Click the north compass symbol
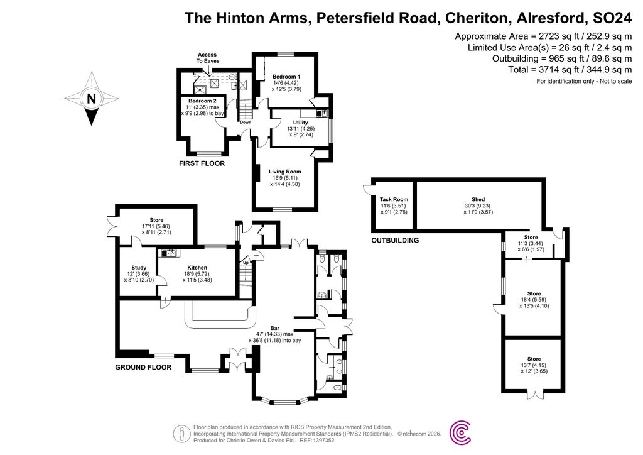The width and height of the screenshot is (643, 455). [92, 98]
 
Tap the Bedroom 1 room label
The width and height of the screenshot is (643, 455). [286, 76]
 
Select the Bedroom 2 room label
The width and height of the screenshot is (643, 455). [202, 101]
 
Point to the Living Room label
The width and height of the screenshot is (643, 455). [285, 172]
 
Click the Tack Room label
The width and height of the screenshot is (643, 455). [394, 200]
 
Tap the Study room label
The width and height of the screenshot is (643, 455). [138, 267]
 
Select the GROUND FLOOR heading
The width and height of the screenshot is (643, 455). [143, 367]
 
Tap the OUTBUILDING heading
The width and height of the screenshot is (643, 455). [394, 240]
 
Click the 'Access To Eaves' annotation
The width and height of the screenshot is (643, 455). [207, 58]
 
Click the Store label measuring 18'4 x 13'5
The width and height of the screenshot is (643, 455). [534, 293]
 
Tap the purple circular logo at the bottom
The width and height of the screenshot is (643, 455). [462, 432]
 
